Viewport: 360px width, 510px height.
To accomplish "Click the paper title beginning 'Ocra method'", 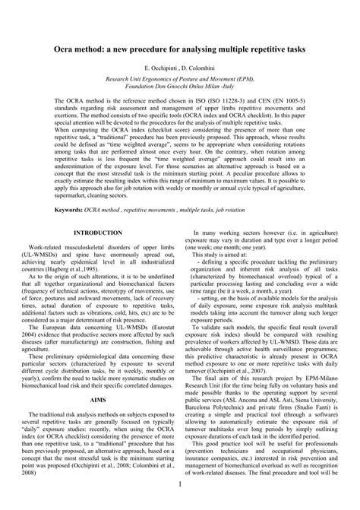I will coord(180,47).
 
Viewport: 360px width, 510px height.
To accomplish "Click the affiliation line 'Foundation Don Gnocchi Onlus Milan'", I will coord(180,85).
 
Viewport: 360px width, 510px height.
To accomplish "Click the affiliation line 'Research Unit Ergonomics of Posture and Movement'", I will coord(180,78).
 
